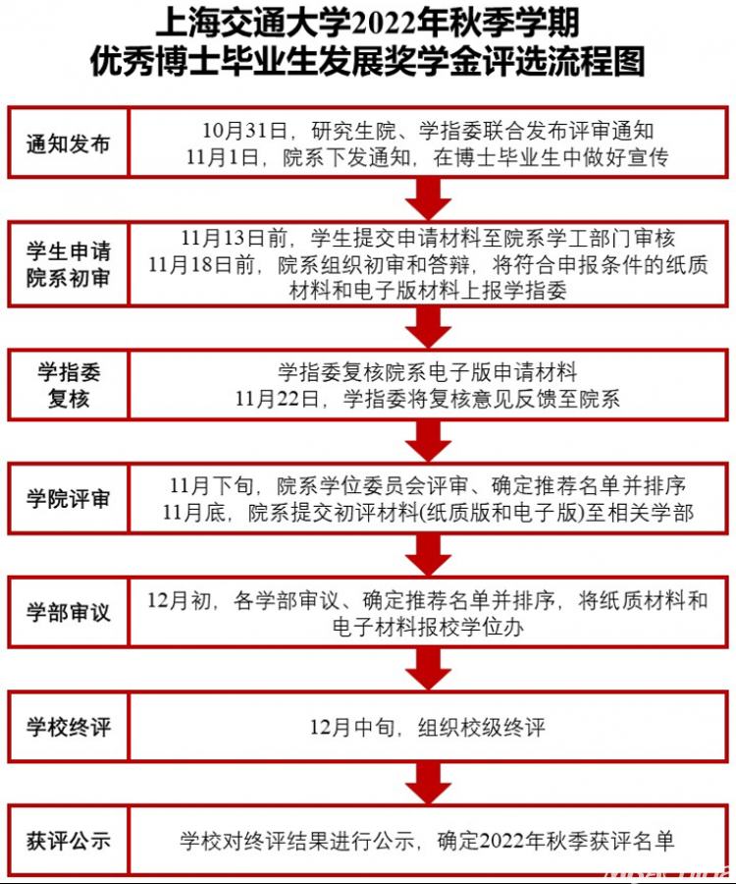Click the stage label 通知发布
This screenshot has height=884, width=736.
click(x=68, y=144)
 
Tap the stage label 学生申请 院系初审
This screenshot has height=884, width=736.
click(x=68, y=264)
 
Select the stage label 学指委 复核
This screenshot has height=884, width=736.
click(x=69, y=385)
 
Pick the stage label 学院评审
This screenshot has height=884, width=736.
click(x=68, y=499)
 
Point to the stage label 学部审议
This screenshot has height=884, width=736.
click(x=68, y=613)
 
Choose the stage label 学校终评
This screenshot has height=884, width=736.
click(x=68, y=727)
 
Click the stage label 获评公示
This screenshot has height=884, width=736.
click(x=68, y=841)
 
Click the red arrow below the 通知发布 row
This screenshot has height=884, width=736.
click(x=428, y=198)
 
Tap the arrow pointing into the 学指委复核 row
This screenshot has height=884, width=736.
click(x=428, y=327)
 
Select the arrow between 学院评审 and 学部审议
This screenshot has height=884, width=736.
click(x=428, y=555)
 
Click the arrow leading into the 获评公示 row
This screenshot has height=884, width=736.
click(x=428, y=783)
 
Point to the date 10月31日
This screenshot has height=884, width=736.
click(x=245, y=131)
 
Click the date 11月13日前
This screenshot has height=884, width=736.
click(x=235, y=239)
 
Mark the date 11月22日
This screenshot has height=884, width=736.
click(x=277, y=399)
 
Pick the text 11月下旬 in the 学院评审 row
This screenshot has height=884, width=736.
click(x=212, y=485)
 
